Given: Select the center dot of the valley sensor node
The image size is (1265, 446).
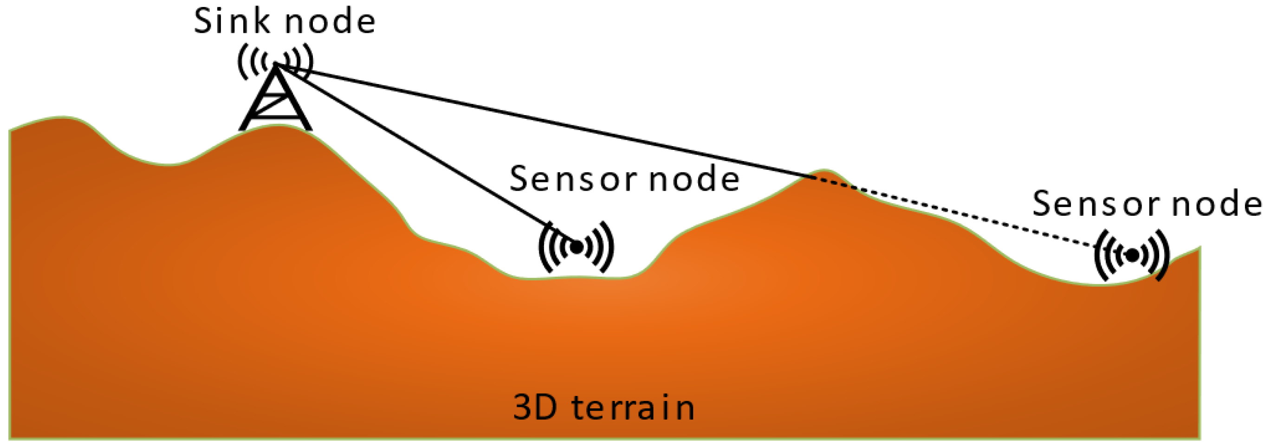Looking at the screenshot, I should [x=577, y=247].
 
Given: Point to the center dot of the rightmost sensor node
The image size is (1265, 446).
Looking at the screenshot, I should [x=1132, y=255].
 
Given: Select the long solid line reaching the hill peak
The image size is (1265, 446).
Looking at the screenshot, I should [x=540, y=120].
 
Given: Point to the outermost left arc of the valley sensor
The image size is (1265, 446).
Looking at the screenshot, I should [x=544, y=247].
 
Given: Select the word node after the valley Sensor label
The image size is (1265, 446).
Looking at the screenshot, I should [x=694, y=179].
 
